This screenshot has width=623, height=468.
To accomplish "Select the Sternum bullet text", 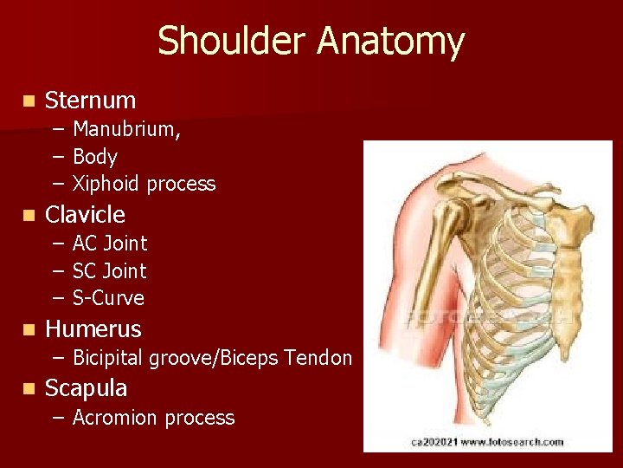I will click(90, 101).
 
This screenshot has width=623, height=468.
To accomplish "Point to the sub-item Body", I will click(95, 157).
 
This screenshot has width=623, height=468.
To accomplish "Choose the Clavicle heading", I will click(85, 214).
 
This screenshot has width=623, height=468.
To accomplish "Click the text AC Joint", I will click(110, 244).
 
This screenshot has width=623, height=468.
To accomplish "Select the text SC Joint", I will click(110, 271).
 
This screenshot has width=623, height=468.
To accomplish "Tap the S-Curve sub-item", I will click(108, 298).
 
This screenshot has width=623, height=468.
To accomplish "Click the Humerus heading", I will click(93, 329).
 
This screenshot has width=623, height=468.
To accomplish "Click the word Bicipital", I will click(108, 357).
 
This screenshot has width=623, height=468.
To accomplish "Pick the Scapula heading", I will click(86, 387).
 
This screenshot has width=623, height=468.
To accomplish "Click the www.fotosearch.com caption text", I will click(513, 442).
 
